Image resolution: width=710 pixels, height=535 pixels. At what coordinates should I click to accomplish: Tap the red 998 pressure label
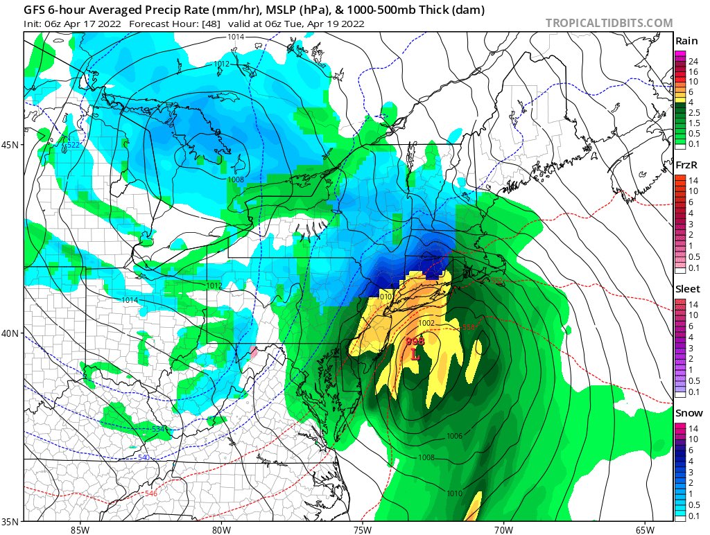(415, 341)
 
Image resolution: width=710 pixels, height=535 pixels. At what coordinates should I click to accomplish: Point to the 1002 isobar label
(426, 323)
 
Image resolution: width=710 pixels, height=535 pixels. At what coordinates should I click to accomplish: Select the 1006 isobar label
(455, 436)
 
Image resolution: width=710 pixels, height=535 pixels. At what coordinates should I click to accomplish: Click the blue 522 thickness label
(72, 144)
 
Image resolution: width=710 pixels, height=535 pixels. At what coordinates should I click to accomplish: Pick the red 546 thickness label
(150, 493)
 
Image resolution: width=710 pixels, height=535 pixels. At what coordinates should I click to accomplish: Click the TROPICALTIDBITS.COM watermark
(609, 23)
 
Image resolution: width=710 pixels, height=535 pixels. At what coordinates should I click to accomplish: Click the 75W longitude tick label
(362, 530)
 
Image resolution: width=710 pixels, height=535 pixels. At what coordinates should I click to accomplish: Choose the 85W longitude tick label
(80, 530)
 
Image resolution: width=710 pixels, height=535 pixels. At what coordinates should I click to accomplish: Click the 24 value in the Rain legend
(693, 62)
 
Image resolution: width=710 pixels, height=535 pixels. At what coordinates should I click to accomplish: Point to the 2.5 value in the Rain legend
(694, 112)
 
